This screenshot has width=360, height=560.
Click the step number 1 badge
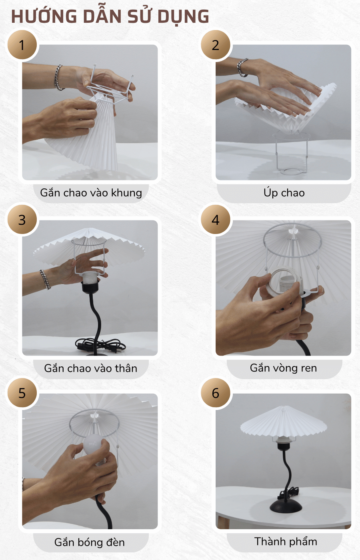tap(22, 45)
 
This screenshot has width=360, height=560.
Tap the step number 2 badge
tap(216, 45)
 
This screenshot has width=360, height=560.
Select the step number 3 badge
tap(22, 220)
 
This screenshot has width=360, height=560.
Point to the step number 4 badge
tap(216, 220)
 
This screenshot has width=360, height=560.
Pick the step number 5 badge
tap(22, 393)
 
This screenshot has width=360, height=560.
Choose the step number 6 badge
tap(216, 393)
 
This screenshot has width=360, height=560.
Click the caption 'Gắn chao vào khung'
tap(91, 193)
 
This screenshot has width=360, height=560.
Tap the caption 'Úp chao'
tap(284, 193)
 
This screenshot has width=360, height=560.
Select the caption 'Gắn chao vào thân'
tap(91, 368)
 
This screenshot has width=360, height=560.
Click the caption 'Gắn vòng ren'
tap(284, 368)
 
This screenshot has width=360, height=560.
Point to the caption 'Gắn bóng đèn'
tap(90, 542)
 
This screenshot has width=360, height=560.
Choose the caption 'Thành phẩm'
tap(286, 542)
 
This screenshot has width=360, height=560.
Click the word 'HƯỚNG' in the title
tap(44, 17)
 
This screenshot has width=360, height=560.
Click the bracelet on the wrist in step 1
tap(59, 77)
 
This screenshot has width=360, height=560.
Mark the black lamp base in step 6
tap(286, 506)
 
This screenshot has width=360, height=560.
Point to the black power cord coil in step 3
tap(100, 345)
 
